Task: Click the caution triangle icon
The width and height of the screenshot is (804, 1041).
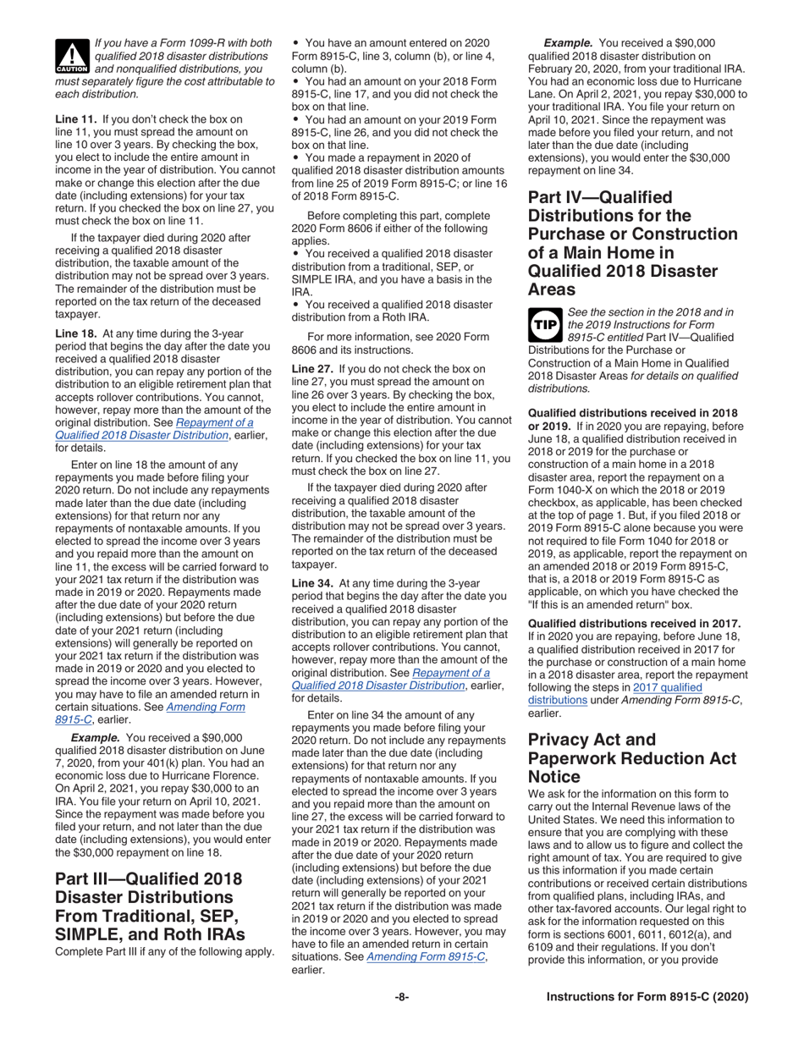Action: tap(70, 55)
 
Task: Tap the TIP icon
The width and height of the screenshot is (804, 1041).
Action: tap(544, 322)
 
